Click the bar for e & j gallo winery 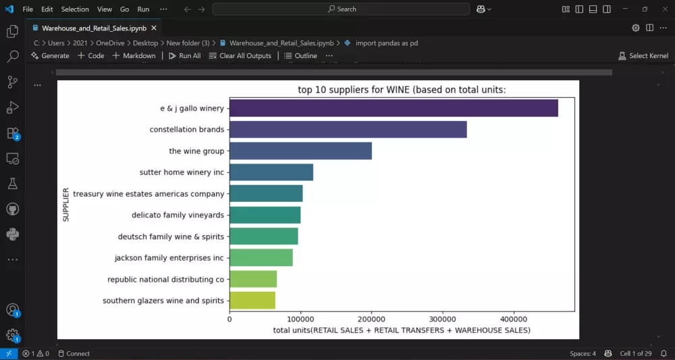point(394,108)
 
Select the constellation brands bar point(348,130)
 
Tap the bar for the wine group point(300,151)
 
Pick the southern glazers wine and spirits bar point(252,301)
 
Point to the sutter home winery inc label point(182,173)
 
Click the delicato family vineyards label point(178,215)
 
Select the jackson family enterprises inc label point(169,258)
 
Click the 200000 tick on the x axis point(371,319)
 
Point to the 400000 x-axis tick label point(513,319)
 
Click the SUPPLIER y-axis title point(66,205)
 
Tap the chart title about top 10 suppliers point(402,90)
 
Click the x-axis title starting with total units point(402,330)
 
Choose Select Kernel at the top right point(643,56)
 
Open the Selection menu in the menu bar point(75,9)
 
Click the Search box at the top point(341,9)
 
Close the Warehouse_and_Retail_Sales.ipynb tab point(154,28)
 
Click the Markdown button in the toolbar point(134,56)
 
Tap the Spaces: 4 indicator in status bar point(583,353)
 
